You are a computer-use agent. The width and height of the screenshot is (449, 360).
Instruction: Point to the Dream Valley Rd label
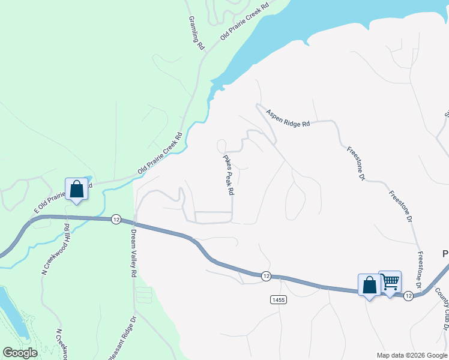pyautogui.click(x=133, y=253)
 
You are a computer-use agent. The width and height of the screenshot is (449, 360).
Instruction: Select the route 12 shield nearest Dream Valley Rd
pyautogui.click(x=116, y=219)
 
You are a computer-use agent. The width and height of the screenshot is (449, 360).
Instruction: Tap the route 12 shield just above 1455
pyautogui.click(x=265, y=275)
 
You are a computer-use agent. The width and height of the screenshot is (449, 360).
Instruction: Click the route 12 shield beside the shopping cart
pyautogui.click(x=408, y=296)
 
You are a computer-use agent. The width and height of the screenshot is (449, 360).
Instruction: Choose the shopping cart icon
pyautogui.click(x=390, y=281)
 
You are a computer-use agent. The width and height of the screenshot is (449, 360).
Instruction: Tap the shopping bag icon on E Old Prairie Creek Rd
pyautogui.click(x=77, y=190)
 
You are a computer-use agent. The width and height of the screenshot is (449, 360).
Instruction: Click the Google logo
pyautogui.click(x=20, y=353)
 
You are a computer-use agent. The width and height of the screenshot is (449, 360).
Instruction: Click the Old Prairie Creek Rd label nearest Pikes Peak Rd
pyautogui.click(x=159, y=154)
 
